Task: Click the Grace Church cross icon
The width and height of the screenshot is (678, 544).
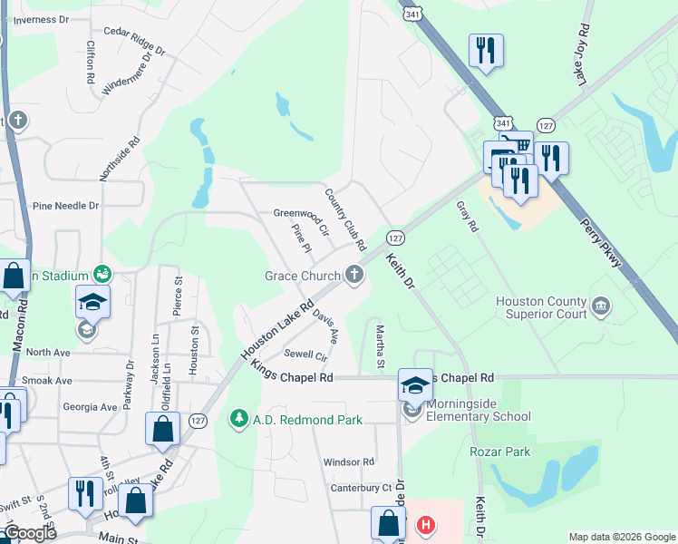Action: click(354, 275)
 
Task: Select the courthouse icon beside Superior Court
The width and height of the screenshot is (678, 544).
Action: click(600, 307)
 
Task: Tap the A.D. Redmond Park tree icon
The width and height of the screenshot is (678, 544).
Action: click(239, 419)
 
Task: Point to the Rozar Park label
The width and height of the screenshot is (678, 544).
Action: click(500, 452)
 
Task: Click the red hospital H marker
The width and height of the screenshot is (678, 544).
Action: click(424, 525)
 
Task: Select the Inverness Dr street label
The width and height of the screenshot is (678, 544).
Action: click(41, 19)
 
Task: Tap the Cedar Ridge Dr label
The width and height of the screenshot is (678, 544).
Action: click(135, 42)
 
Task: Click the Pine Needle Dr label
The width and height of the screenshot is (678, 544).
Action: click(66, 206)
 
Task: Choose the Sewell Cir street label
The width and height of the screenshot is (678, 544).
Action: click(305, 354)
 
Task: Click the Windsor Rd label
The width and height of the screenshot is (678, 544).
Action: click(349, 461)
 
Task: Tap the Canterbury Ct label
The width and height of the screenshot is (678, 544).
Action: click(361, 488)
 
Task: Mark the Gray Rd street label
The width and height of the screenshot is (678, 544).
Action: click(467, 217)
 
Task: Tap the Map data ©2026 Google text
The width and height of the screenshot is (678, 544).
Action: click(621, 537)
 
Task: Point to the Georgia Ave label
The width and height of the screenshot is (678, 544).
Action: click(90, 408)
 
